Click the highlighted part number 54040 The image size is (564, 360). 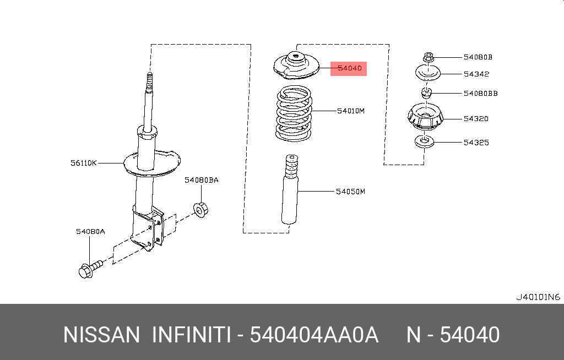pyautogui.click(x=349, y=68)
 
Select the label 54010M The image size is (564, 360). pyautogui.click(x=351, y=111)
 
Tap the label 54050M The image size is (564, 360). pyautogui.click(x=350, y=192)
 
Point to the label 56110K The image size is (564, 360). pyautogui.click(x=84, y=163)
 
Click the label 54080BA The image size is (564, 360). pyautogui.click(x=202, y=180)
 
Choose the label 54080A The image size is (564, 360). pyautogui.click(x=90, y=231)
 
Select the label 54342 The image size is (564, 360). pyautogui.click(x=476, y=74)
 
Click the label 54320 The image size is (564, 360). pyautogui.click(x=476, y=119)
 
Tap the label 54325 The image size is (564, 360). pyautogui.click(x=476, y=143)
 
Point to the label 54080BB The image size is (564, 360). pyautogui.click(x=480, y=94)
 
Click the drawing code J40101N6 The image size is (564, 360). pyautogui.click(x=538, y=297)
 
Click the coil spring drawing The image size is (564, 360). pyautogui.click(x=294, y=113)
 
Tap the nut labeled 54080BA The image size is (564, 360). pyautogui.click(x=200, y=210)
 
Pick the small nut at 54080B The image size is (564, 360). pyautogui.click(x=428, y=57)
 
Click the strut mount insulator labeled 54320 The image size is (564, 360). pyautogui.click(x=426, y=117)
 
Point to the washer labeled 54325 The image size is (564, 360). pyautogui.click(x=425, y=141)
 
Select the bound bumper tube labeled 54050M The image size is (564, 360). pyautogui.click(x=290, y=189)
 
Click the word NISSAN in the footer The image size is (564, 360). pyautogui.click(x=101, y=335)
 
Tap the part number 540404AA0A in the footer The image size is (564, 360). pyautogui.click(x=314, y=335)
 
